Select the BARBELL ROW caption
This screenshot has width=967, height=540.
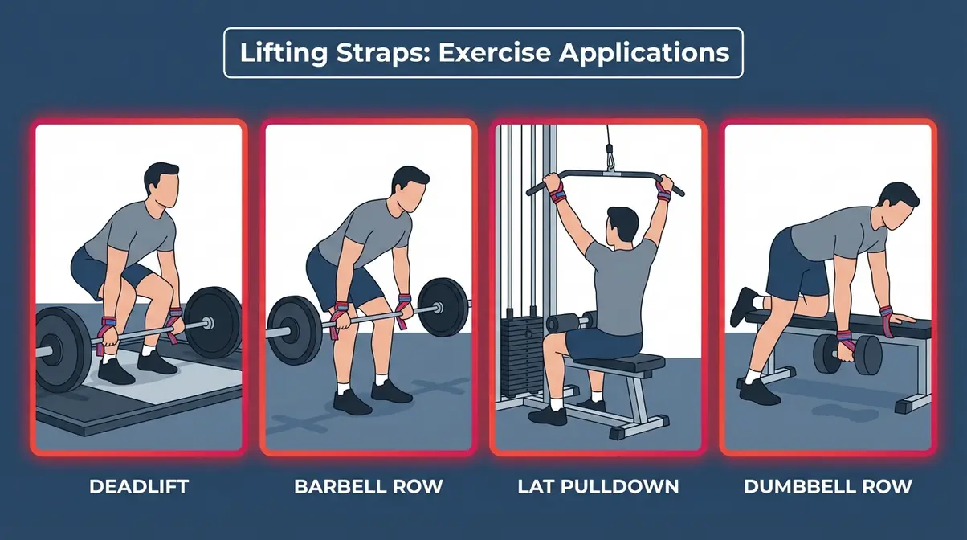pyautogui.click(x=368, y=486)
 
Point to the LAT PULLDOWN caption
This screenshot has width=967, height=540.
pyautogui.click(x=598, y=486)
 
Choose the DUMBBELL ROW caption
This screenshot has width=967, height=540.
pyautogui.click(x=828, y=486)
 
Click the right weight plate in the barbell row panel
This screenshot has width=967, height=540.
pyautogui.click(x=441, y=307)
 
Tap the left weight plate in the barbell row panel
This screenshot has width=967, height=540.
pyautogui.click(x=294, y=329)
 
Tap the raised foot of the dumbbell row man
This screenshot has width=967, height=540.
pyautogui.click(x=744, y=307)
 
